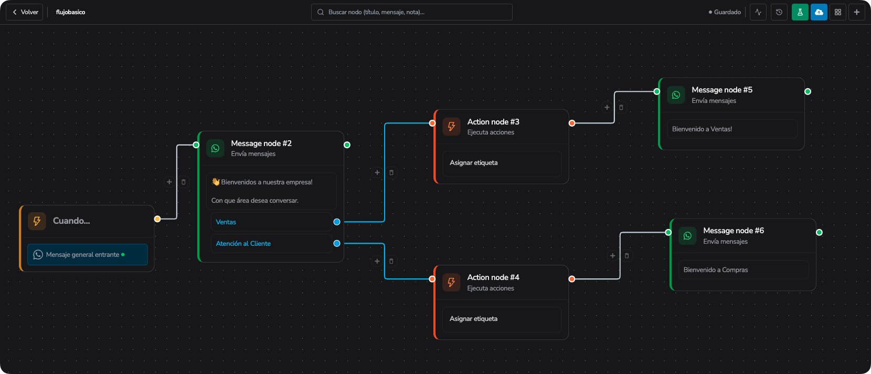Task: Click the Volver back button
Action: point(25,12)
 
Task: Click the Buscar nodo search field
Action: point(411,12)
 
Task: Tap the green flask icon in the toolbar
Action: point(800,12)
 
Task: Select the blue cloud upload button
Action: point(819,12)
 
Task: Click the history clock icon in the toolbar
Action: point(779,12)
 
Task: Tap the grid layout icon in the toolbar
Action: point(838,12)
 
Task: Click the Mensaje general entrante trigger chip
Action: point(88,255)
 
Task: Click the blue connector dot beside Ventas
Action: point(337,222)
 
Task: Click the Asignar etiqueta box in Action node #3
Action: point(502,163)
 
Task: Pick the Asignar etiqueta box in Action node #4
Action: point(502,319)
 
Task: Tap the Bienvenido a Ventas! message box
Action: point(732,129)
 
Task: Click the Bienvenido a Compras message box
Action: point(744,269)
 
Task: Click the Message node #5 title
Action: point(722,90)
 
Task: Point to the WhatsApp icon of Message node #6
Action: point(687,236)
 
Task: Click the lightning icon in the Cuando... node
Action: point(37,221)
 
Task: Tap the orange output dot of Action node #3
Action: point(572,123)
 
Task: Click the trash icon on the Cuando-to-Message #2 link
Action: point(184,182)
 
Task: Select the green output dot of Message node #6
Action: point(819,232)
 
